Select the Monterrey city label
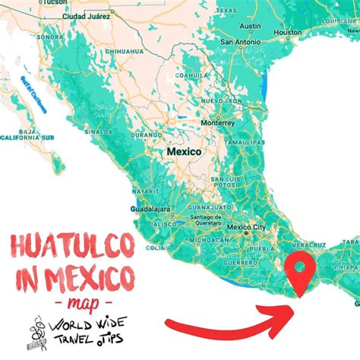click(x=217, y=122)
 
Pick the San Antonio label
click(x=241, y=42)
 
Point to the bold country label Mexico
click(x=185, y=152)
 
